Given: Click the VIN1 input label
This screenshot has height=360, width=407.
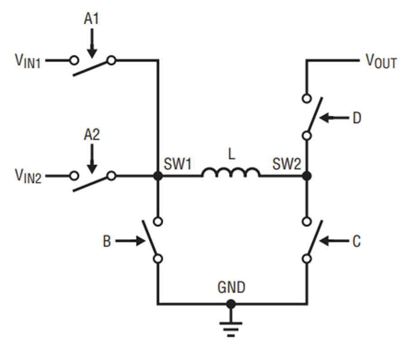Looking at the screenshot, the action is (x=28, y=61).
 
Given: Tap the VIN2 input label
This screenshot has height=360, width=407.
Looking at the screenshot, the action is (x=28, y=176).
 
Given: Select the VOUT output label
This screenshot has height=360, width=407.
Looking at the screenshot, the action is (x=381, y=61).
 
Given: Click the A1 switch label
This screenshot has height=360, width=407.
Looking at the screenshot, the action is (x=91, y=19).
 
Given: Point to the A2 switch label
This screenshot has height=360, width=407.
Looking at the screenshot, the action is (x=92, y=135).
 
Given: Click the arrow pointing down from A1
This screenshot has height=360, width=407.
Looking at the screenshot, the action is (x=92, y=43).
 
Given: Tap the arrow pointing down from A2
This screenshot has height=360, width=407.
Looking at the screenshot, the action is (x=92, y=159).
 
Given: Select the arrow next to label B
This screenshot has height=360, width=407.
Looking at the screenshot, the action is (x=130, y=241).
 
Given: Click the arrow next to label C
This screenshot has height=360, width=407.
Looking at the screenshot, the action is (x=334, y=241).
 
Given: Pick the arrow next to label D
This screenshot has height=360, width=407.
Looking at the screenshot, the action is (x=334, y=118).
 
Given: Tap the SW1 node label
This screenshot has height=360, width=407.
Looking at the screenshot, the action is (x=178, y=164).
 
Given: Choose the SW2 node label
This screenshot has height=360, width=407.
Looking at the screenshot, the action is (x=287, y=164).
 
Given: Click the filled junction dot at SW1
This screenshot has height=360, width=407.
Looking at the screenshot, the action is (x=158, y=176).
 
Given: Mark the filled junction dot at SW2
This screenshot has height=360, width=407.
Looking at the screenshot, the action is (x=307, y=176).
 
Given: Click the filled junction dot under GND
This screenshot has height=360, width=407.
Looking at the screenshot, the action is (x=231, y=304).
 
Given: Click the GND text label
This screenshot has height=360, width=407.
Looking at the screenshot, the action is (x=231, y=288).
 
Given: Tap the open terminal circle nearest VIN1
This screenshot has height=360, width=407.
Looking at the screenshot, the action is (x=74, y=61).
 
